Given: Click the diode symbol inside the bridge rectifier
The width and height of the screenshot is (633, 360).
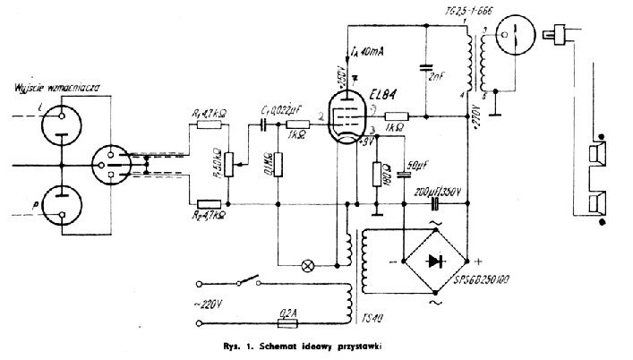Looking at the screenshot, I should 436,262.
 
